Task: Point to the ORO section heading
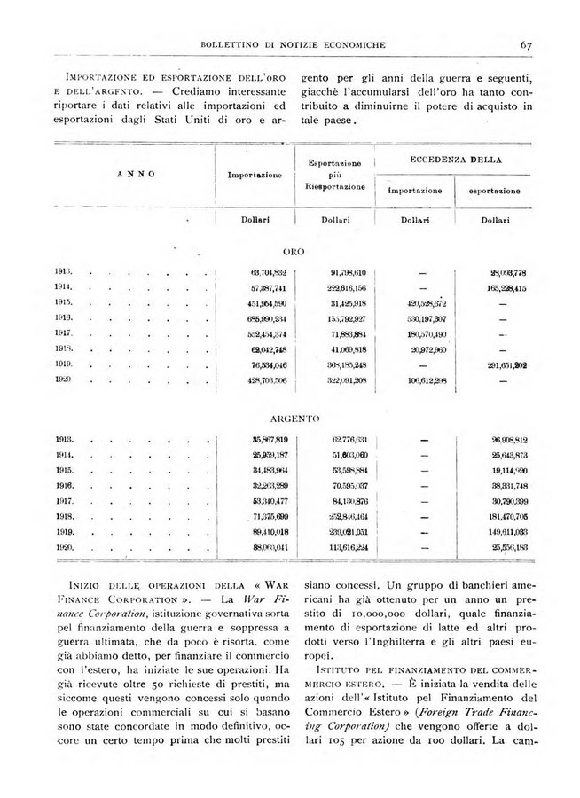pyautogui.click(x=294, y=252)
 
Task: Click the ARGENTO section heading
pyautogui.click(x=294, y=417)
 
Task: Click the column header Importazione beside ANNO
pyautogui.click(x=255, y=176)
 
